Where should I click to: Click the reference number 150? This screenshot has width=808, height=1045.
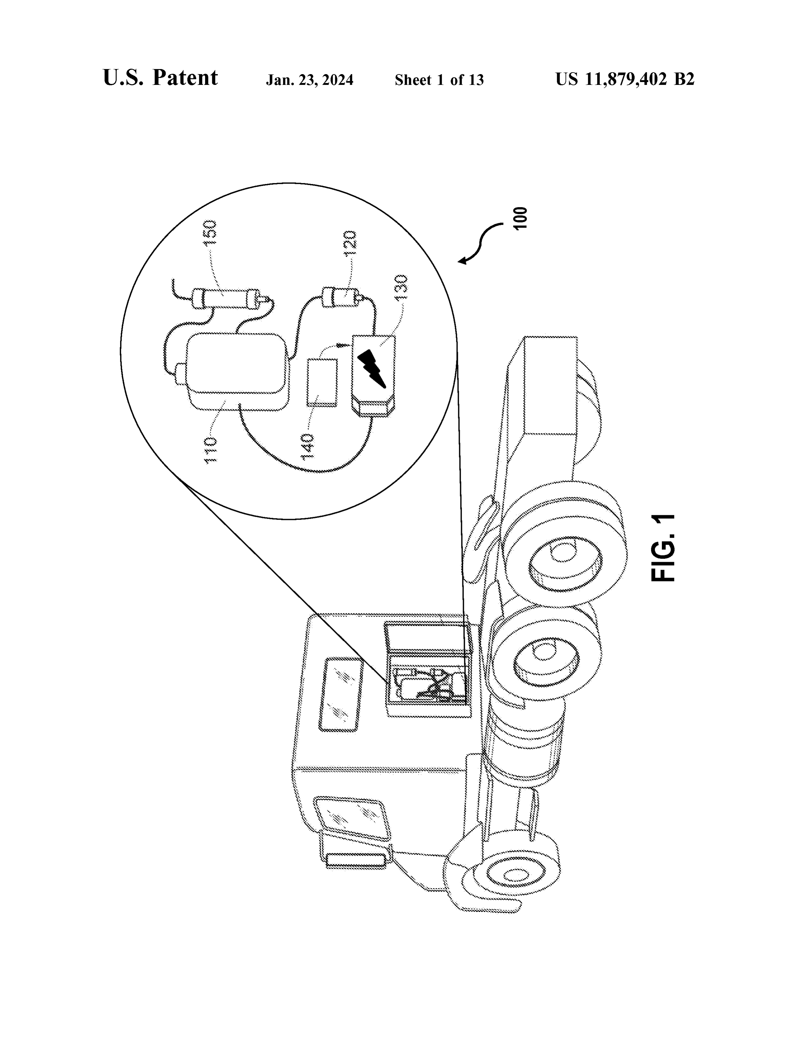point(210,233)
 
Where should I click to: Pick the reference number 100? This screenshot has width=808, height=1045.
point(520,218)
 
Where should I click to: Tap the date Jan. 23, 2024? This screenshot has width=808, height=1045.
point(310,80)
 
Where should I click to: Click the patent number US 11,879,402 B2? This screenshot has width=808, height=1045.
point(625,79)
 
